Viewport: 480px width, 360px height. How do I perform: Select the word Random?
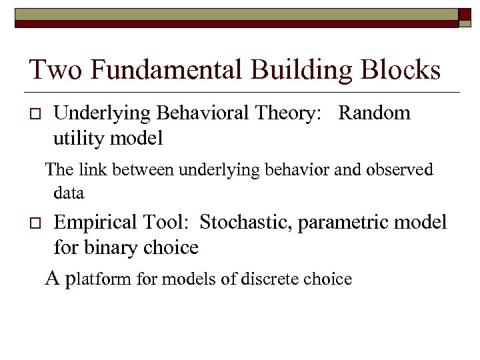tap(374, 113)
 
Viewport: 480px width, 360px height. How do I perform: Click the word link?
tap(95, 170)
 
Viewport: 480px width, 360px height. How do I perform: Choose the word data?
tap(69, 193)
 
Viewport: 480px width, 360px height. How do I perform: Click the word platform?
tap(100, 279)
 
